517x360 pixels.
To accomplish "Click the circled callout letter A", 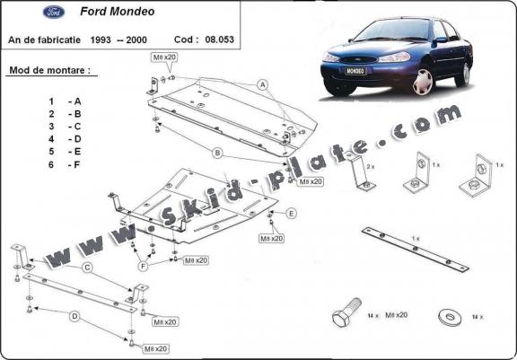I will tap(263, 85).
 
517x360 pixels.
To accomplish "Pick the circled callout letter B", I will tap(217, 153).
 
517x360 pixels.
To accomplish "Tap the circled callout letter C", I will tap(87, 268).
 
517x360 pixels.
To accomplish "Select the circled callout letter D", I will tap(74, 315).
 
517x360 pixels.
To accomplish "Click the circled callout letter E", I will tap(292, 213).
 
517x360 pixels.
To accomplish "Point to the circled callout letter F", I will tap(143, 267).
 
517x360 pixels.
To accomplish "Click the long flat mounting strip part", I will tap(415, 249).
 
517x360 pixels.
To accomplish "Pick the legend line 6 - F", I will tap(65, 165).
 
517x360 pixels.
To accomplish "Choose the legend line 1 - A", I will tap(65, 101).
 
